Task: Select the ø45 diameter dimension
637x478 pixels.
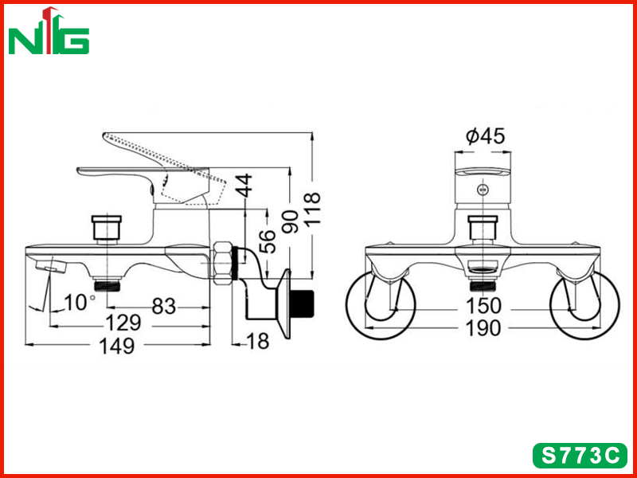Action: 486,135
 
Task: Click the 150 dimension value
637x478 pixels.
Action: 483,307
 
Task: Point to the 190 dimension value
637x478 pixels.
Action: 483,328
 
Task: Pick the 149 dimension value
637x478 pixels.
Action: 116,347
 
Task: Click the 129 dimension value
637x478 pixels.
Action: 123,323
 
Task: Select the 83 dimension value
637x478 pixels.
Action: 164,307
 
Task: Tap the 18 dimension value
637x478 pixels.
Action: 258,342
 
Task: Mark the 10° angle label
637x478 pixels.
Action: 80,303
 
